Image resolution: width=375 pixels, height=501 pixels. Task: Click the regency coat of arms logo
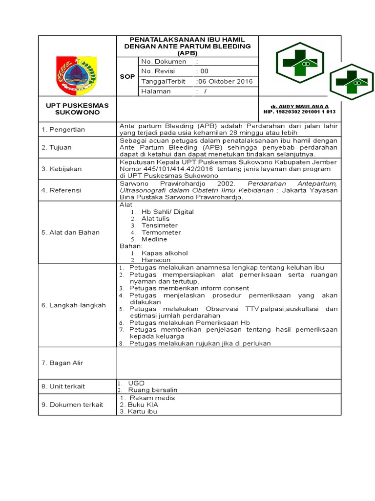pos(77,75)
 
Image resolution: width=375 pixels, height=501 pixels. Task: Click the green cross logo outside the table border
pos(351,82)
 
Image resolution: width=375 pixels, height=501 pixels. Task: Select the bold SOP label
pos(127,77)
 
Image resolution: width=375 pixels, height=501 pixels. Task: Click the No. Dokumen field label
pos(164,62)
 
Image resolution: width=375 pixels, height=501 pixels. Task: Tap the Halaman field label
pos(156,91)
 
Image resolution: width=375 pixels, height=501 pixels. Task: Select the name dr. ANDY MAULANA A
pos(299,106)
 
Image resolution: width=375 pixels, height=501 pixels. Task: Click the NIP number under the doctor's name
pos(299,112)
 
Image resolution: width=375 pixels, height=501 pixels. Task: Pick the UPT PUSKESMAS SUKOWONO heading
pos(77,109)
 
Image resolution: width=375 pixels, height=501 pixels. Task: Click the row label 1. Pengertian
pos(63,130)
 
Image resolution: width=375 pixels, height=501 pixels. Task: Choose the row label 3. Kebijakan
pos(62,169)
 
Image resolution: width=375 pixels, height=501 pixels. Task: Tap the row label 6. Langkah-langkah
pos(74,305)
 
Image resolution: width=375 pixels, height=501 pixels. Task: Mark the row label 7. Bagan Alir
pos(63,363)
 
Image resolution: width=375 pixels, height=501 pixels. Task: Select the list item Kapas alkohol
pos(165,253)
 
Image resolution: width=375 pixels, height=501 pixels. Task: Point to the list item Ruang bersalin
pos(153,390)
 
